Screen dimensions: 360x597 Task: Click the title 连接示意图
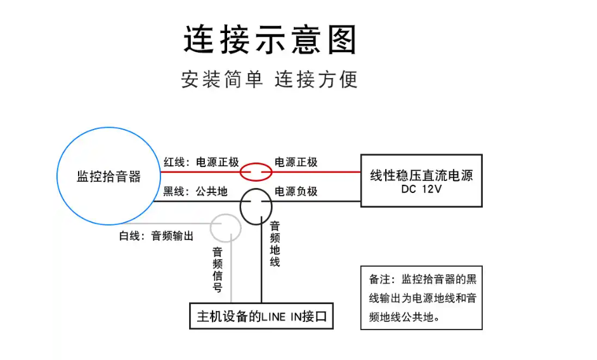click(x=270, y=40)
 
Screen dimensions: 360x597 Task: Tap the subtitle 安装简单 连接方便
click(x=269, y=79)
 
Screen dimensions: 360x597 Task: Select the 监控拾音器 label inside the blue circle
click(x=108, y=177)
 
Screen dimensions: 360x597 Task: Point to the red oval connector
click(x=256, y=171)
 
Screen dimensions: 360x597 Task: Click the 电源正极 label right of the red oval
click(x=296, y=163)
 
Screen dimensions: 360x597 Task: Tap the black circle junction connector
click(x=256, y=205)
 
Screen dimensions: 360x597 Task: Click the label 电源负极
click(x=296, y=191)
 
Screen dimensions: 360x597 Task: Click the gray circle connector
click(x=225, y=227)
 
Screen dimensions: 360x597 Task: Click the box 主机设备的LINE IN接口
click(x=261, y=316)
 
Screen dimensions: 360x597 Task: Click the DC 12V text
click(x=421, y=189)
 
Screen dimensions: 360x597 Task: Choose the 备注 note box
click(x=421, y=297)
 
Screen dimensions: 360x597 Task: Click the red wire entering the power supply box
click(x=330, y=171)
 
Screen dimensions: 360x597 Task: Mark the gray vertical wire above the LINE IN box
click(x=231, y=279)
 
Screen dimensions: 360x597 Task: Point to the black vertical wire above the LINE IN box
click(x=261, y=279)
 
